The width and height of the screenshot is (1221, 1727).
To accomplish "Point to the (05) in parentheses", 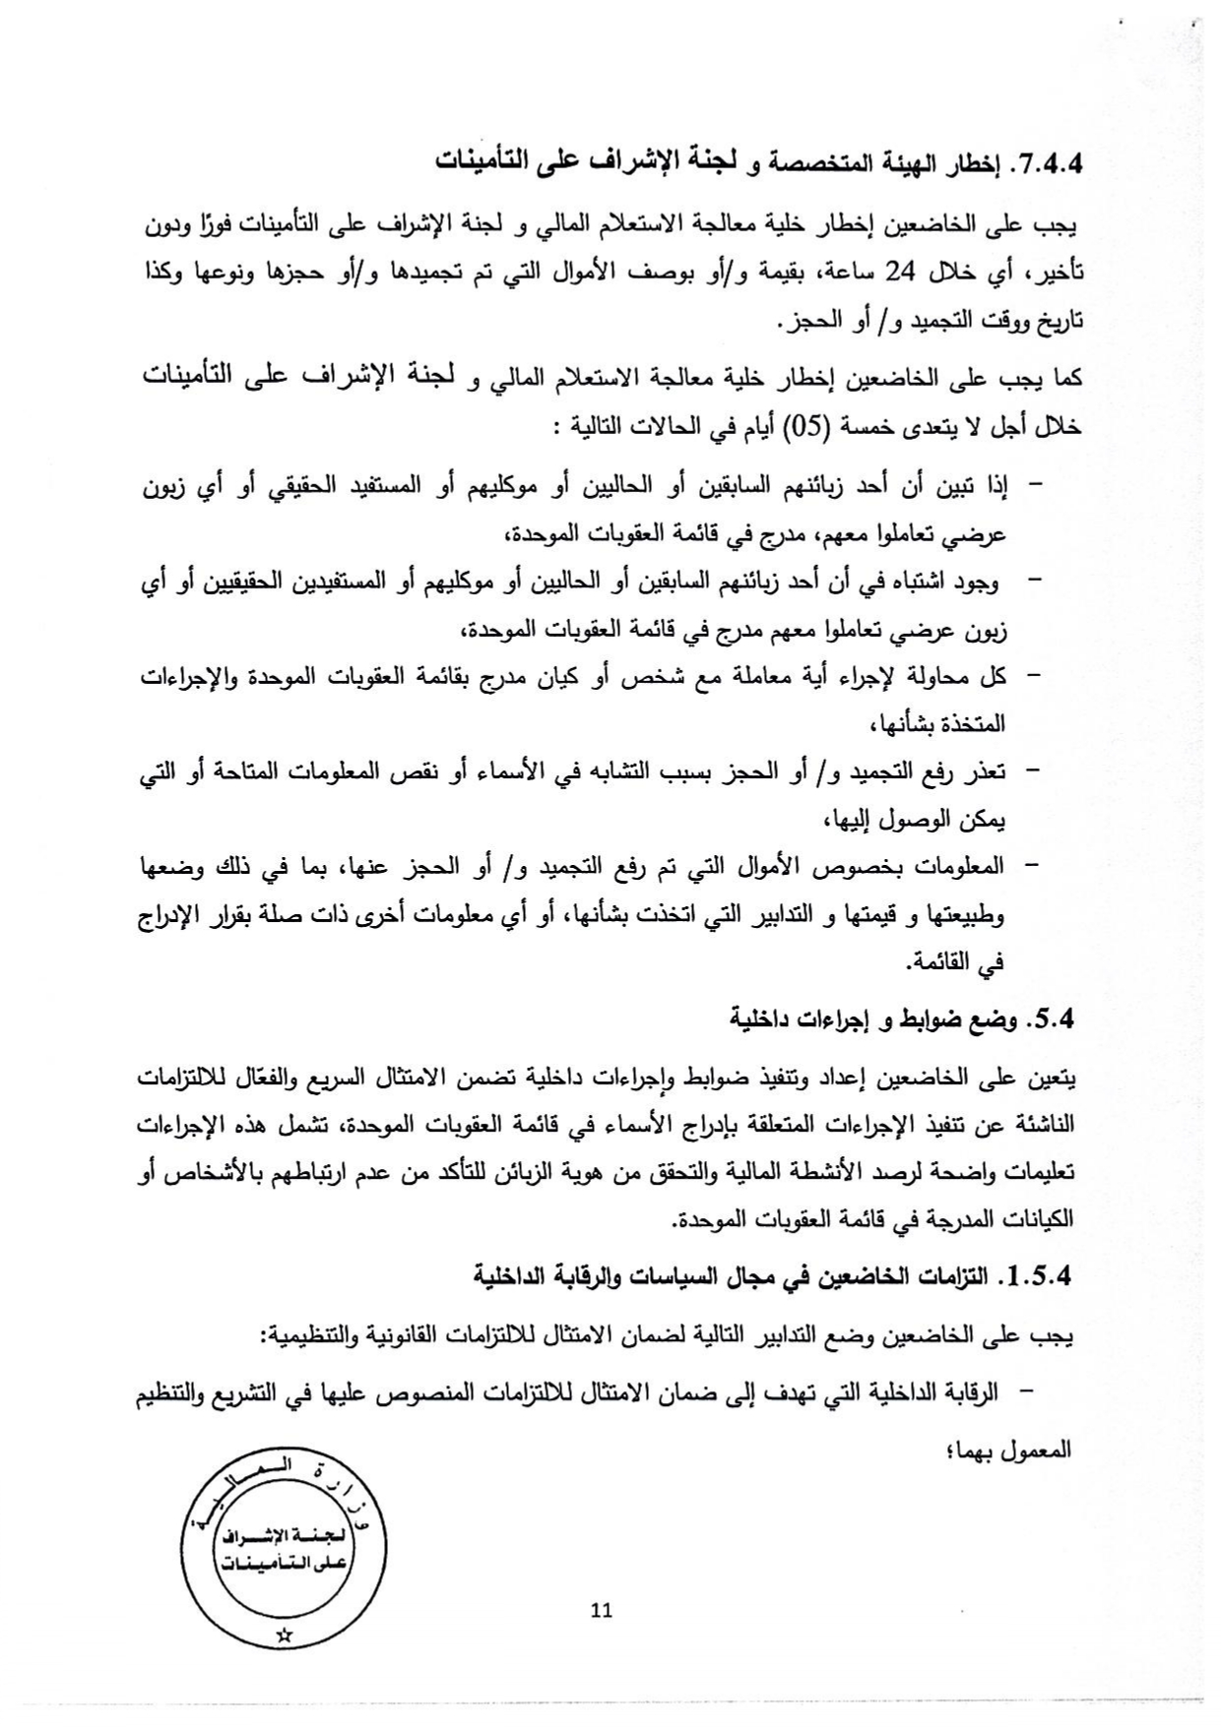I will coord(803,427).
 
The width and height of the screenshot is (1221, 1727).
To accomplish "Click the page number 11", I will coord(602,1611).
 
